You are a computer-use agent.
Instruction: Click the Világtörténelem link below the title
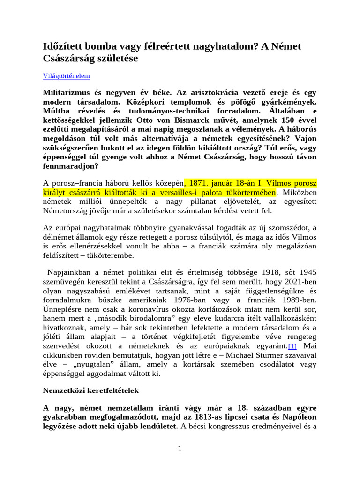click(x=66, y=75)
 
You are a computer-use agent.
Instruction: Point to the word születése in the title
click(x=114, y=59)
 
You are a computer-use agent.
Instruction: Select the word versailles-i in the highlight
click(x=172, y=193)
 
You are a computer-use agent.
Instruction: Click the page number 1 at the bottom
click(x=180, y=448)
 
